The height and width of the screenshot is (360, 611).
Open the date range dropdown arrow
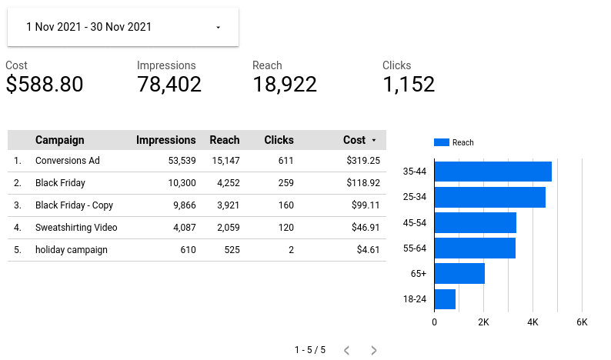coord(218,28)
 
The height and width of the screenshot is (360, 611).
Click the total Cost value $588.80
coord(45,85)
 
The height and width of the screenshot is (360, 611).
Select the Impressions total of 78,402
coord(169,85)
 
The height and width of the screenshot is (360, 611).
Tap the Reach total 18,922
coord(285,85)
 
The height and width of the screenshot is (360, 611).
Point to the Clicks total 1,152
coord(409,85)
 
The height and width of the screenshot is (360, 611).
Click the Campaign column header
coord(60,140)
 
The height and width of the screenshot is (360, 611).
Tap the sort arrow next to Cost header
coord(374,141)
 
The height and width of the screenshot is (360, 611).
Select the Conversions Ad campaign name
coord(68,161)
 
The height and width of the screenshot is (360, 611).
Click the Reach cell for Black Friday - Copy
coord(225,205)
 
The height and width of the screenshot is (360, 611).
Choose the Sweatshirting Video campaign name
coord(76,228)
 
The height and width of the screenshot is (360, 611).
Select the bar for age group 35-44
coord(492,172)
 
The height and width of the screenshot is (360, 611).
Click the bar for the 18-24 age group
coord(445,299)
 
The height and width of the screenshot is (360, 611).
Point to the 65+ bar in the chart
coord(459,274)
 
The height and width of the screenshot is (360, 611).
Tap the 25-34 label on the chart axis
coord(414,197)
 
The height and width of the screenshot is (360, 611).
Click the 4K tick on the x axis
coord(533,322)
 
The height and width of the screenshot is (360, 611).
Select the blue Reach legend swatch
coord(441,142)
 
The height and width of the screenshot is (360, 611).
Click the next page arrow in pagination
coord(374,350)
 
